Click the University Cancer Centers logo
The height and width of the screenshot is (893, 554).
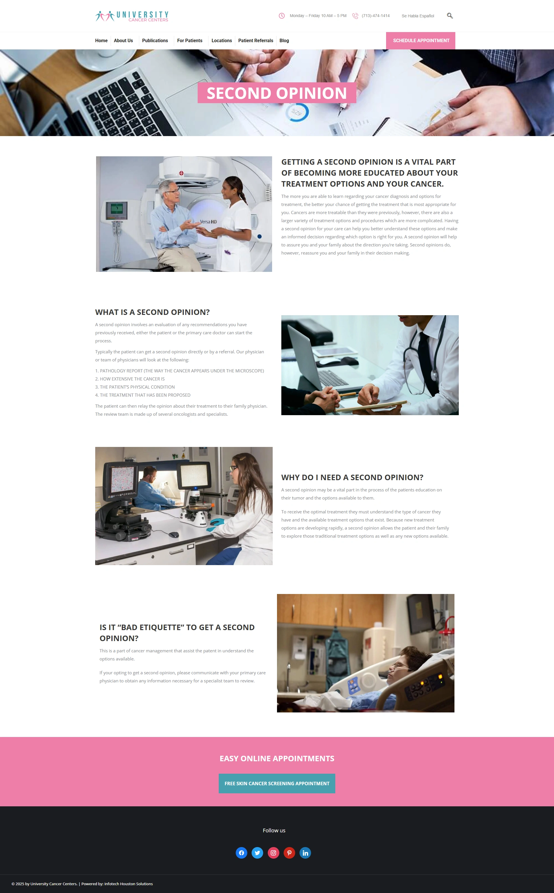132,16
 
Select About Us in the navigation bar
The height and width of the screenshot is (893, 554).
123,41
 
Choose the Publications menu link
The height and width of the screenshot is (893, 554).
155,41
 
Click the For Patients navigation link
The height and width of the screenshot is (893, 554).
190,41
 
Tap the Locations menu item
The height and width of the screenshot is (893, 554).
222,41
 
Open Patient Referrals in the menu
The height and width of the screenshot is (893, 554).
256,41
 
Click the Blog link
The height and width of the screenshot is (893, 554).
284,41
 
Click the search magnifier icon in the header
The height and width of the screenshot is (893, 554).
450,16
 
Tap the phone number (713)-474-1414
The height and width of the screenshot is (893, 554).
376,16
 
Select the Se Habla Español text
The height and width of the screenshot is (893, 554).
418,16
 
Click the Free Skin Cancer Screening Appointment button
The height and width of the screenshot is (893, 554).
277,783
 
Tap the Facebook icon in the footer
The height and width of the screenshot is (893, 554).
242,853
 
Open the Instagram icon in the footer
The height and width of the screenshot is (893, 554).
273,853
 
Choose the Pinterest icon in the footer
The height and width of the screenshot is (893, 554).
289,853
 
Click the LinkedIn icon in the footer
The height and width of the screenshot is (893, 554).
305,853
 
